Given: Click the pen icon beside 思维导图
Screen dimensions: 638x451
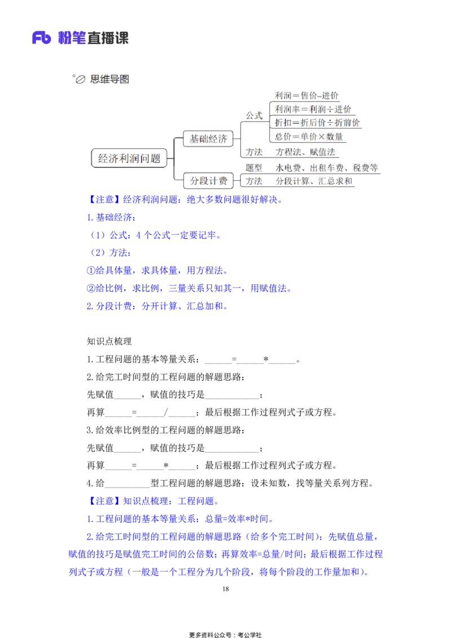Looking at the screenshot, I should [x=81, y=80].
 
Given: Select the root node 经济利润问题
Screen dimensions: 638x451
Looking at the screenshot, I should [x=129, y=158].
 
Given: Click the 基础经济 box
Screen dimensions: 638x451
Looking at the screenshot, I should [x=208, y=138].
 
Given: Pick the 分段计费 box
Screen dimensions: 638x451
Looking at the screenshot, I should [x=208, y=181].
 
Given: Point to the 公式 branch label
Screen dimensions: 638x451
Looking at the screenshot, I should [x=254, y=116].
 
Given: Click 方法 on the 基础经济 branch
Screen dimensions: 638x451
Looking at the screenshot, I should [x=254, y=152].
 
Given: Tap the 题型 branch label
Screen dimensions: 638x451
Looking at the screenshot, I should [x=254, y=167].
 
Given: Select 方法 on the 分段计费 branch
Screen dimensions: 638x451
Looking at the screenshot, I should [x=254, y=181].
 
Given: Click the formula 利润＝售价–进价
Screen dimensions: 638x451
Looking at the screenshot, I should [x=307, y=96].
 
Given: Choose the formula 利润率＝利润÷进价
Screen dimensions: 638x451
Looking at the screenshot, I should [x=313, y=109].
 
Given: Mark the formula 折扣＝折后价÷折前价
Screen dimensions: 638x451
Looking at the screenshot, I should [x=317, y=122].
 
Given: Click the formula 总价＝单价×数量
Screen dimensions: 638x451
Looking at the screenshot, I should [x=309, y=136].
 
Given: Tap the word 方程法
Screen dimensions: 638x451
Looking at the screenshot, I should [x=289, y=152].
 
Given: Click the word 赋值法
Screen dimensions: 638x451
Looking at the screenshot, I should [x=323, y=152].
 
